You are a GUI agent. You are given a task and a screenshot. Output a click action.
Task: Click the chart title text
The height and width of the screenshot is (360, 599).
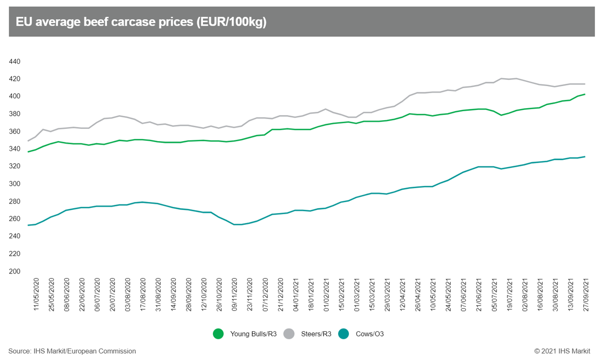point(141,22)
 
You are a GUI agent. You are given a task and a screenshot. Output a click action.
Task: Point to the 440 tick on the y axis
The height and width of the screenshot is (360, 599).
point(15,62)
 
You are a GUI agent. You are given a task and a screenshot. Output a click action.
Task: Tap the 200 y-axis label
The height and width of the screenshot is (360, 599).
point(15,271)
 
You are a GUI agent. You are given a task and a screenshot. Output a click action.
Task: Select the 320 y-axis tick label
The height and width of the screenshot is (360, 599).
point(15,166)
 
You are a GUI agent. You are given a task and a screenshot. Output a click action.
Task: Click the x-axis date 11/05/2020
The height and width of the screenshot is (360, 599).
point(36,294)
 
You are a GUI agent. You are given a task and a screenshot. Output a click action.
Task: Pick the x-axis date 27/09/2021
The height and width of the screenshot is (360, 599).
point(586,294)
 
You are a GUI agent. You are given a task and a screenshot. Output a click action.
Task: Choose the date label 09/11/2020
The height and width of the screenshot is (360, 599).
point(234,294)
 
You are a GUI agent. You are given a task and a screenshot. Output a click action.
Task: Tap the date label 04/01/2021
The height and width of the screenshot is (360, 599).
point(296,294)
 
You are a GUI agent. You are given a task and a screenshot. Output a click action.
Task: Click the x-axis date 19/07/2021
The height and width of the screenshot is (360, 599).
point(509,294)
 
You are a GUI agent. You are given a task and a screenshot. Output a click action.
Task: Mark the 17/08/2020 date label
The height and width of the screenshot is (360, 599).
point(143,294)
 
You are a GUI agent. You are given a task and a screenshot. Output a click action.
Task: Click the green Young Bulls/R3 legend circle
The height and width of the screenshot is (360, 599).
point(218,334)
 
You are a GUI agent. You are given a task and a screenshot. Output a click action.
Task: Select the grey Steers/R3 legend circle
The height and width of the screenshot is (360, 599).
point(289,334)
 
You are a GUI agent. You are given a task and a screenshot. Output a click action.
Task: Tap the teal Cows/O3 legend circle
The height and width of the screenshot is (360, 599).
point(344,334)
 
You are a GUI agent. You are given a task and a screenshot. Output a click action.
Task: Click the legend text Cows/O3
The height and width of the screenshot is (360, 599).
point(370,334)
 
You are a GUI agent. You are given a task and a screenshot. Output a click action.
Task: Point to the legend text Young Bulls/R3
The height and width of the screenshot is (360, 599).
point(253,334)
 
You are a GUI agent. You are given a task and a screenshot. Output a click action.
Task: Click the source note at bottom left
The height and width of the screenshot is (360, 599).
point(72,351)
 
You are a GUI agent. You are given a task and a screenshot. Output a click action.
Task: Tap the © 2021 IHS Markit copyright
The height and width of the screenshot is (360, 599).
point(562,351)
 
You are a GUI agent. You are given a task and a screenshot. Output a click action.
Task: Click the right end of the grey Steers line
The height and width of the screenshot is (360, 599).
point(585,84)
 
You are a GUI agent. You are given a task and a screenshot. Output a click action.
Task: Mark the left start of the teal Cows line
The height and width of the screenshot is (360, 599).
point(28,225)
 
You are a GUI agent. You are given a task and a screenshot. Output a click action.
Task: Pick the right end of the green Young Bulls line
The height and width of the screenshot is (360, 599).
point(585,94)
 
